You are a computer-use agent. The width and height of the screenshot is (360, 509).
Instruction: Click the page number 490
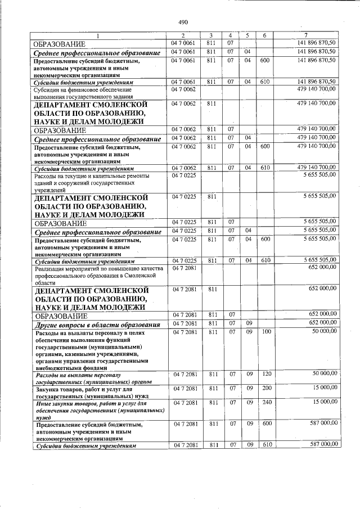point(183,22)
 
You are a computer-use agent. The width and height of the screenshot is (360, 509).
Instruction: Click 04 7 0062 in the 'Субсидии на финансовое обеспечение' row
point(184,89)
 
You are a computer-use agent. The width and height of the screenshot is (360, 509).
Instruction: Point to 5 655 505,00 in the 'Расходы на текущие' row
point(319,175)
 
